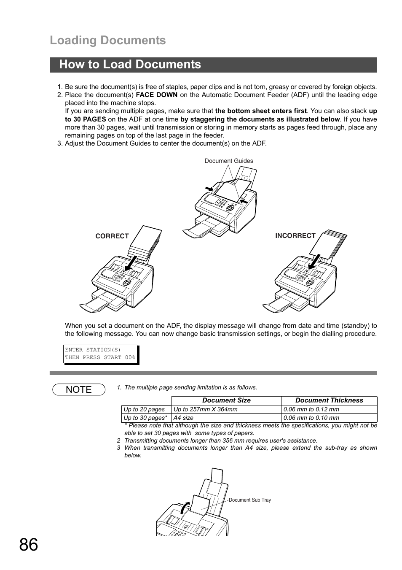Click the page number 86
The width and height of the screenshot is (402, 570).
coord(28,545)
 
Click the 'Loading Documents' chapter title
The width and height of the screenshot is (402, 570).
coord(107,41)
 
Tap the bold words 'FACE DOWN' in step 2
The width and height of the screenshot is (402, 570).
coord(156,95)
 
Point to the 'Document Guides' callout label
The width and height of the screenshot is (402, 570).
coord(229,161)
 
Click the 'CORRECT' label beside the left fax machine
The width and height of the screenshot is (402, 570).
coord(112,236)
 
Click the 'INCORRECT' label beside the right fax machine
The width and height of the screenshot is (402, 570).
coord(295,236)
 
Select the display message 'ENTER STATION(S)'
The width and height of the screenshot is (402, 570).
coord(93,350)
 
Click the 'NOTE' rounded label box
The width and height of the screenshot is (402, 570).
coord(79,389)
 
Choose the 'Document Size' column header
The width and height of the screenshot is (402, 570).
coord(226,400)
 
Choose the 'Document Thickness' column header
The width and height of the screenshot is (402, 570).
coord(329,400)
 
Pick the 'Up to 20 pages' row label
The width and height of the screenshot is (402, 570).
coord(144,409)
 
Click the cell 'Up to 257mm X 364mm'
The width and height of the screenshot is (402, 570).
coord(206,409)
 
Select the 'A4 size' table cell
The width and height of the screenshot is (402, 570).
coord(183,418)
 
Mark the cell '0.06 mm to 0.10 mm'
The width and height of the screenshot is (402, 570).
coord(311,418)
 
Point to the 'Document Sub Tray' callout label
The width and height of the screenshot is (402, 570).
coord(249,500)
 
